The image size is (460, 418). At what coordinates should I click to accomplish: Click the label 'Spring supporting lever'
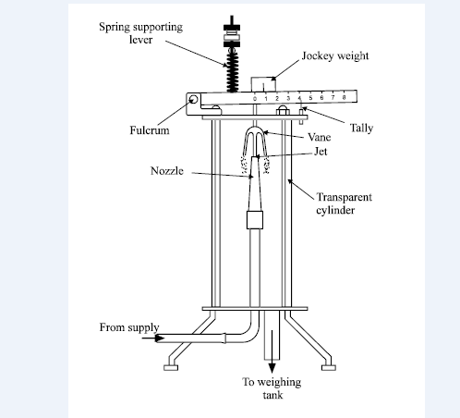point(141,33)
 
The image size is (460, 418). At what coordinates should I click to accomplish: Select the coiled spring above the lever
point(233,66)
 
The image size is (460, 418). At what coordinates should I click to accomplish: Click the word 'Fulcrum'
point(148,131)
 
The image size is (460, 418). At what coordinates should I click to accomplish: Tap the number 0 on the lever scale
point(256,96)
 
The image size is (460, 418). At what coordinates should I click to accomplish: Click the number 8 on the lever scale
point(344,96)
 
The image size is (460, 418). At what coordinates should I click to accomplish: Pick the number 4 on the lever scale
point(299,96)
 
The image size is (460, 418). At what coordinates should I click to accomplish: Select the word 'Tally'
point(361,128)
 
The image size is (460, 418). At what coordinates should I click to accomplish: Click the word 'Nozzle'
point(168,171)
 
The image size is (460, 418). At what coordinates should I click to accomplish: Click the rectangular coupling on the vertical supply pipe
point(256,220)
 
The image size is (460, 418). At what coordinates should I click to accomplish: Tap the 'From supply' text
point(129,327)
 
